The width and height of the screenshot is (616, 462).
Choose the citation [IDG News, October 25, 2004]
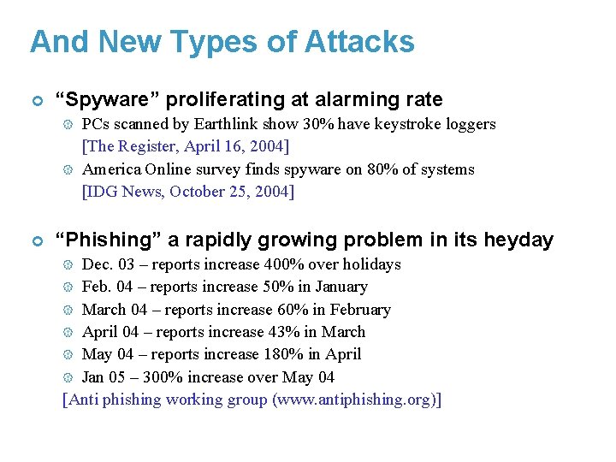click(x=187, y=192)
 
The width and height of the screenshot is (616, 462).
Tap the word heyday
click(x=518, y=240)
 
